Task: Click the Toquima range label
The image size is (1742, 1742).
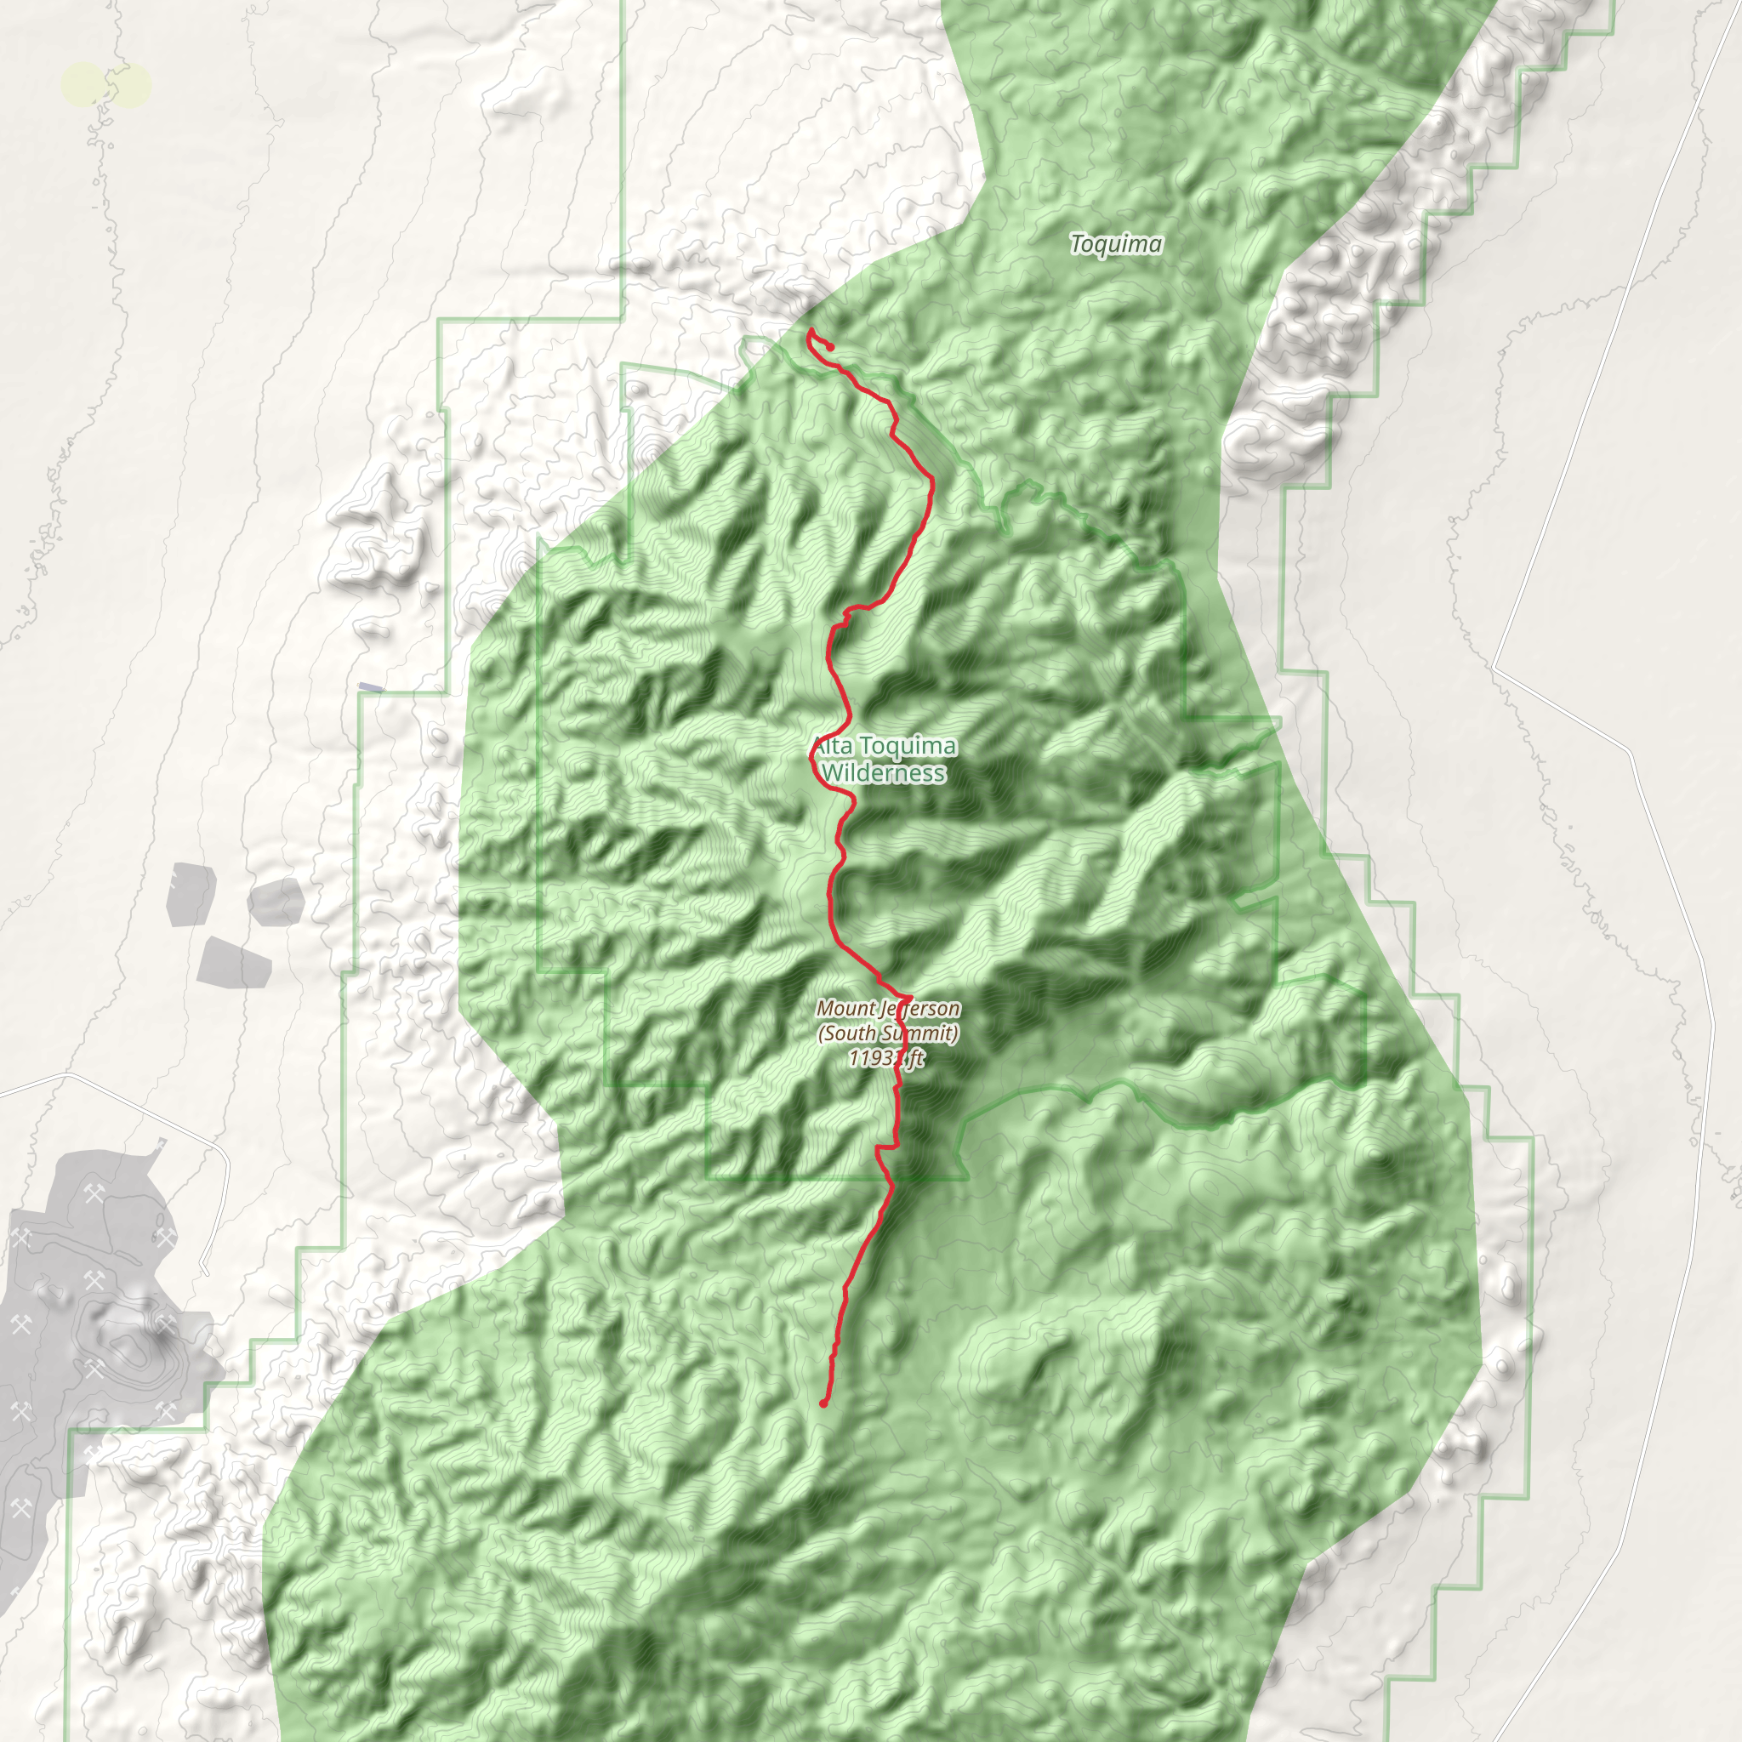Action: click(1115, 243)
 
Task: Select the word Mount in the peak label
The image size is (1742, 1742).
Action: click(845, 1008)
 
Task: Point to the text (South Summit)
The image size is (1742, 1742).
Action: click(888, 1033)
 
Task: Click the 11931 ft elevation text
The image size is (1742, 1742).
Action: click(886, 1057)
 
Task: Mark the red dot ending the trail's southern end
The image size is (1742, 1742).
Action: click(823, 1403)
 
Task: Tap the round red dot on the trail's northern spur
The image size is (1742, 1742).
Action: click(830, 347)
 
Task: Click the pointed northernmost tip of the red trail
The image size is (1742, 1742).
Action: click(810, 329)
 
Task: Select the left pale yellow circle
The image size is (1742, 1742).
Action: click(83, 86)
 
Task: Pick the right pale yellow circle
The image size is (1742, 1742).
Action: click(131, 86)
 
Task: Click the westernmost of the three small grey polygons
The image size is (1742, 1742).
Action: click(191, 895)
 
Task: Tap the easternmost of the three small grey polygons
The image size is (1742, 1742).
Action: click(275, 901)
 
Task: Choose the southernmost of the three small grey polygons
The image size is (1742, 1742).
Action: click(235, 963)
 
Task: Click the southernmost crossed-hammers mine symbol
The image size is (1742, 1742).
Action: click(20, 1506)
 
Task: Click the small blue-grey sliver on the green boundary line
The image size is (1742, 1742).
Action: click(371, 688)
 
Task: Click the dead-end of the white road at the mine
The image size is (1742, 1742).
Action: click(206, 1273)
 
